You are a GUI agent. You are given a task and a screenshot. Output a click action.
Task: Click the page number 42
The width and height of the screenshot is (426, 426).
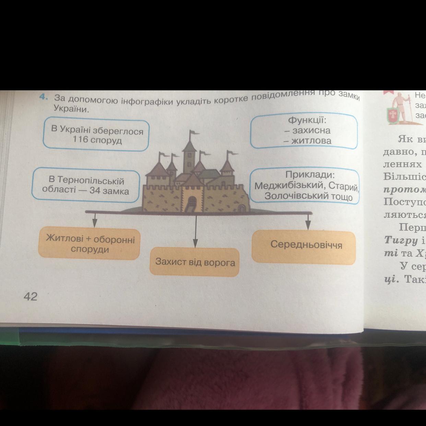[x=30, y=296]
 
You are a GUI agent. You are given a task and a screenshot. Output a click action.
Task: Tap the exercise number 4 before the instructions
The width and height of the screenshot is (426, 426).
[x=43, y=97]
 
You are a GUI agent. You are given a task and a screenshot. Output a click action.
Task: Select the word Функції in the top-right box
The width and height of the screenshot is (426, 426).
[x=307, y=120]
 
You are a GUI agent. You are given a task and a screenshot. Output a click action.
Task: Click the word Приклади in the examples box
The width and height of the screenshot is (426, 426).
[x=310, y=175]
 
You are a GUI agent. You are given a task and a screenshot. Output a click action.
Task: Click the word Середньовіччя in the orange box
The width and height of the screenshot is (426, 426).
[x=306, y=245]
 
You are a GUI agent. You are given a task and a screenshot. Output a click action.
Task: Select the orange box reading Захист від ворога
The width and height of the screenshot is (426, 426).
[x=194, y=262]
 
